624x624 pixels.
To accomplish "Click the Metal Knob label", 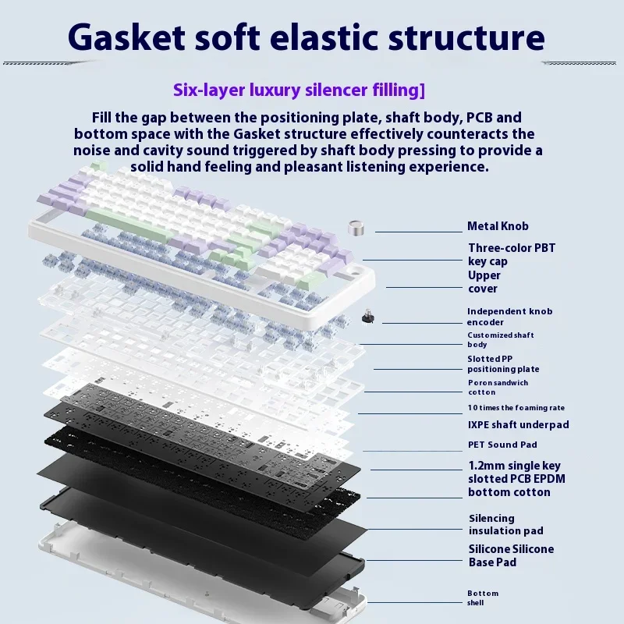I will tap(498, 226).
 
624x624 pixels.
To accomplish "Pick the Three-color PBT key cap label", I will tap(511, 254).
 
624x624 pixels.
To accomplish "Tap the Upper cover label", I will tap(484, 282).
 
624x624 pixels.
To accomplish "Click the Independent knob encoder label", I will tap(509, 317).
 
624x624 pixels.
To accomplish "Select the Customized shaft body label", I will tap(500, 339).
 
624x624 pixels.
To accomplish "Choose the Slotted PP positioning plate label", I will tap(503, 363).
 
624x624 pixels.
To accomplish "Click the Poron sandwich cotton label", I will tap(498, 387).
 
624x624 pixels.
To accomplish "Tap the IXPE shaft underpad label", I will tap(518, 425).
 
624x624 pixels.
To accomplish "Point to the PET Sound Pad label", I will tap(502, 445).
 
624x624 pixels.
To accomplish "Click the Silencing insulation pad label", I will tap(505, 524).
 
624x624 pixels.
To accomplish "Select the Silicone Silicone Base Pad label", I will tap(511, 555).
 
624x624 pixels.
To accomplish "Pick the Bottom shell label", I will tap(482, 597).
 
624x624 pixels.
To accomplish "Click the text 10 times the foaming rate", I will tap(516, 408).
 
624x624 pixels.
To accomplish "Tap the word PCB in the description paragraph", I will tap(482, 118).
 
